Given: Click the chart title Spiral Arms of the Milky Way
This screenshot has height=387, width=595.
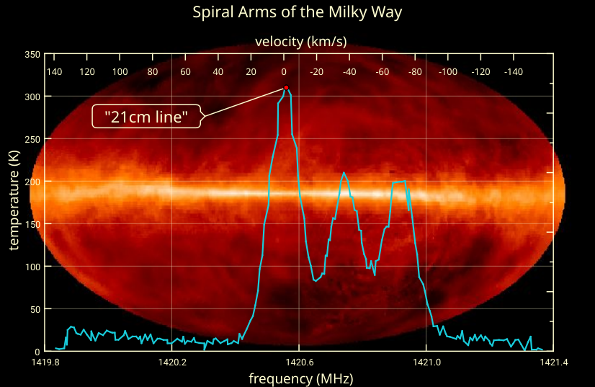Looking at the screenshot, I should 297,12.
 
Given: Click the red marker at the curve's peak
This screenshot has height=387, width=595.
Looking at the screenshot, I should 286,88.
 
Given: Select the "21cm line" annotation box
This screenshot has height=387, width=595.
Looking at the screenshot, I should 146,116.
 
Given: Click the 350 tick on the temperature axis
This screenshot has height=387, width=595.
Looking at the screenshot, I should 32,54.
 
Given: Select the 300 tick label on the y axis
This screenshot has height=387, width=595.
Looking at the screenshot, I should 32,97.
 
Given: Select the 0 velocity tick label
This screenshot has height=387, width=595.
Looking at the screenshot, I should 284,72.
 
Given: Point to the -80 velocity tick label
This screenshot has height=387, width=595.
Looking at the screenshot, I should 414,72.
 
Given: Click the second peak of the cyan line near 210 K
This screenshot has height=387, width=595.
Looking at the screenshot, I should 344,173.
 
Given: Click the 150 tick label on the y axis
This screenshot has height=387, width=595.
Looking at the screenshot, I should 32,224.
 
